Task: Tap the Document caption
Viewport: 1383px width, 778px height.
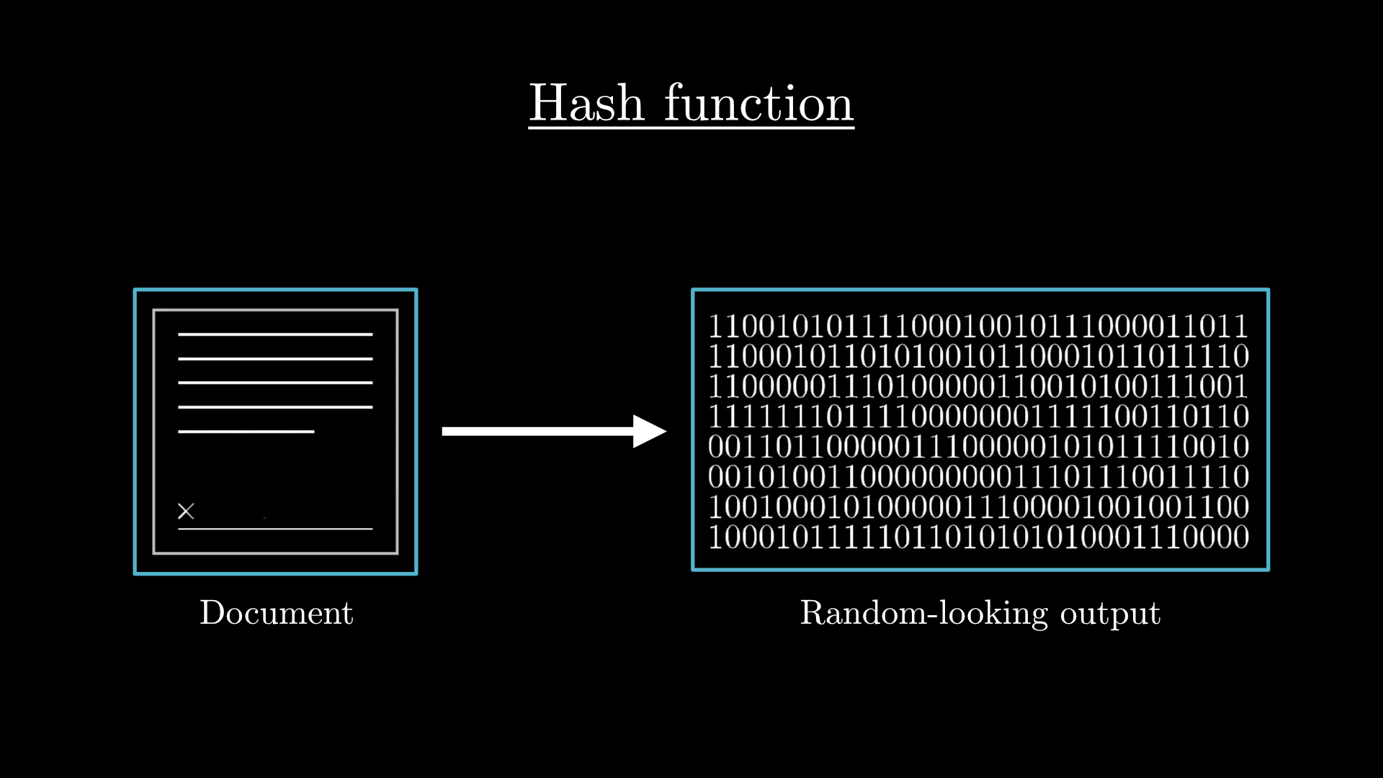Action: (x=277, y=613)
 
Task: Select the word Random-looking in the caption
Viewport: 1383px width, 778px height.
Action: (x=924, y=613)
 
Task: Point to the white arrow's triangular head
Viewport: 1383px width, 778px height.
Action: (x=649, y=432)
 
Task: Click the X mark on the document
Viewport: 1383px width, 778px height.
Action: (x=186, y=511)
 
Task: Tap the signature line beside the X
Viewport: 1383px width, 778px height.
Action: (x=275, y=529)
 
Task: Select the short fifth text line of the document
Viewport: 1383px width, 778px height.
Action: (x=246, y=432)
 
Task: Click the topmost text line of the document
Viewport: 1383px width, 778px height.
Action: (x=275, y=334)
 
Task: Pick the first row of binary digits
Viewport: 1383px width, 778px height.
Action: (x=978, y=326)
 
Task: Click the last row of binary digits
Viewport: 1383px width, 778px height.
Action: (x=978, y=537)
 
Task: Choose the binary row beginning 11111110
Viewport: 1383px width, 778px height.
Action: (x=978, y=416)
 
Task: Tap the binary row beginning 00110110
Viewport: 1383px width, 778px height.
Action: (x=978, y=447)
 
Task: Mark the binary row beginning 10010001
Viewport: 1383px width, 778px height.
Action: (x=978, y=507)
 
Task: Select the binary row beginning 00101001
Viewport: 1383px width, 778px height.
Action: (x=978, y=477)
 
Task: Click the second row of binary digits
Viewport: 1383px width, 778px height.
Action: (x=978, y=357)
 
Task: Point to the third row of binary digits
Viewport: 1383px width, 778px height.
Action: (x=978, y=387)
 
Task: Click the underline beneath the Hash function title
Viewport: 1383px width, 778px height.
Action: (x=691, y=128)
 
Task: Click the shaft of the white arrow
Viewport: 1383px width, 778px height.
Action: (x=538, y=432)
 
